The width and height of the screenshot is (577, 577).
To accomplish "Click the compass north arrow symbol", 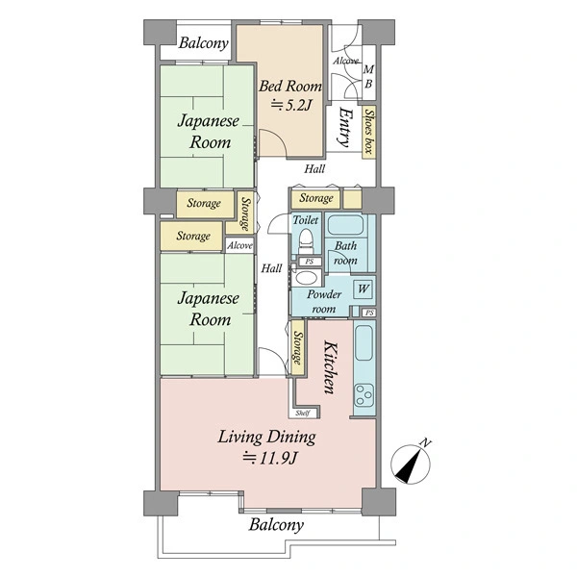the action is coord(411,464).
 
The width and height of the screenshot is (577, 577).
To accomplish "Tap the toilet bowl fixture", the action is coord(306,240).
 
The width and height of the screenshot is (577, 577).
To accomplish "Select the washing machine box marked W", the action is coord(363,289).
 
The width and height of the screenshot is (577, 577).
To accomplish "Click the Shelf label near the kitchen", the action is coord(303,413).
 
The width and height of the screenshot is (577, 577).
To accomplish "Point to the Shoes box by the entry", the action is coord(368,132).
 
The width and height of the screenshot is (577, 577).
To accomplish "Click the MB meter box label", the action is coord(368,77).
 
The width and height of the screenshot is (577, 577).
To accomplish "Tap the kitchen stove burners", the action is coord(364,395).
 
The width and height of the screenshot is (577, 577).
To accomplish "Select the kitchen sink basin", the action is coord(364,343).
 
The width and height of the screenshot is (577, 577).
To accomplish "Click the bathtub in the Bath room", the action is coord(345,225).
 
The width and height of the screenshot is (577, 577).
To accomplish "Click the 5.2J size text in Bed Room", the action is coord(291,106).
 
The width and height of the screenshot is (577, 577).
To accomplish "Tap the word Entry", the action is coord(345,127).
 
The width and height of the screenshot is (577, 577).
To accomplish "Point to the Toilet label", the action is coord(306,220).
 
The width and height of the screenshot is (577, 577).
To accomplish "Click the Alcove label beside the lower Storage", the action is coord(239,245).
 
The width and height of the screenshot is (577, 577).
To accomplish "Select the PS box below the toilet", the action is coord(310,262).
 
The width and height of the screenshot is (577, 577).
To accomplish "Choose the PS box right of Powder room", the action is coord(369,313).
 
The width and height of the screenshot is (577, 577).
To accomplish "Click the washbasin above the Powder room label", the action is coord(306,278).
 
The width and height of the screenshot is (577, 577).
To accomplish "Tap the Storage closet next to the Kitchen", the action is coord(298,348).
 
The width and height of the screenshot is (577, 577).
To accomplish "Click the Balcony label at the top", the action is coord(204,43).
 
